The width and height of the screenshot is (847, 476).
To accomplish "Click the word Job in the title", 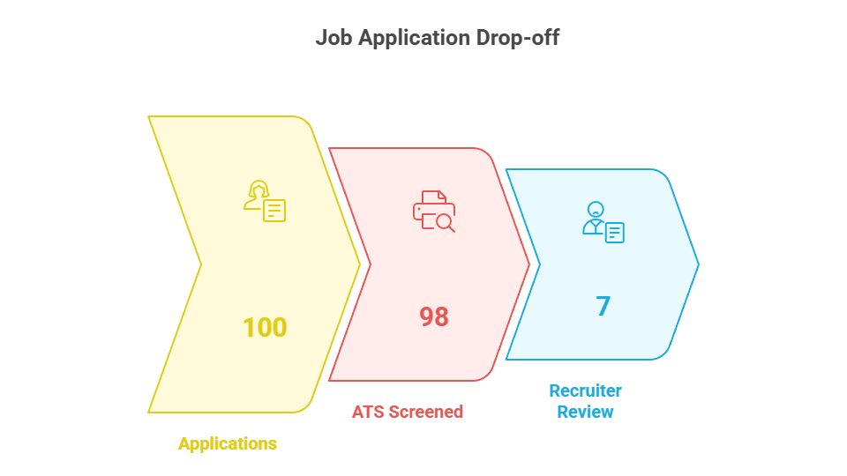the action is (334, 38).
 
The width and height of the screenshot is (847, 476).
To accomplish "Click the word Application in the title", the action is (415, 39).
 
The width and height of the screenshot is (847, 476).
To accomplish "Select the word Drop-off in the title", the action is (518, 39).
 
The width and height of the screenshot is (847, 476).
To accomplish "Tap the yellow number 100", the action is (265, 327).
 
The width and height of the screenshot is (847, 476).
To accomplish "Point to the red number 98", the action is (434, 316).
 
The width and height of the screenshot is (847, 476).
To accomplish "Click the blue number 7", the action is (603, 306).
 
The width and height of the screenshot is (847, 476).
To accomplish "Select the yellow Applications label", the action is (228, 443).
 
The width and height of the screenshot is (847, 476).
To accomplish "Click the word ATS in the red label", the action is (369, 412).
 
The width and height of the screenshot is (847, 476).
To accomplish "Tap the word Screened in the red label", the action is (425, 412).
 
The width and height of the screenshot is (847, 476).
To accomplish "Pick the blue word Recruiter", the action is (585, 390).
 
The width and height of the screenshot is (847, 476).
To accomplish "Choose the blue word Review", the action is (585, 412).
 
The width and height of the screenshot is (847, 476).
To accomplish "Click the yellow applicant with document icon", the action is (264, 201).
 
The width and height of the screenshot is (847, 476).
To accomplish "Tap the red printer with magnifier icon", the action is (434, 211).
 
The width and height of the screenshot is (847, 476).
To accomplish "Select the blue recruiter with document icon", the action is (603, 222).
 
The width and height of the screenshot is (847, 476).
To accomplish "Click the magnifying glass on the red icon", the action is (445, 223).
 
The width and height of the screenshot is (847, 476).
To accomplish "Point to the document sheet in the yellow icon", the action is (274, 211).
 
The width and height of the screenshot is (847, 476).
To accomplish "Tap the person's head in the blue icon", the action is (596, 209).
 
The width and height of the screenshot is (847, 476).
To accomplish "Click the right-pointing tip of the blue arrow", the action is (699, 264).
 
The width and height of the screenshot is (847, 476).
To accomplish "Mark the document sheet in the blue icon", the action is (615, 233).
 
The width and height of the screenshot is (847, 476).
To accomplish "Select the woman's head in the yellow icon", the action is (259, 190).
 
